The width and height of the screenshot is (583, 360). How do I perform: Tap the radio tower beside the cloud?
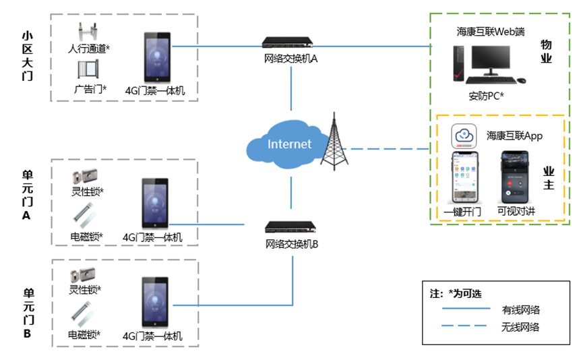334,142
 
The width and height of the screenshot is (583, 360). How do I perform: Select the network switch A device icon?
287,42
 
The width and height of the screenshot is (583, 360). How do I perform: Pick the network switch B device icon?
290,227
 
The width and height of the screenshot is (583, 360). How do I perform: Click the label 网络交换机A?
290,59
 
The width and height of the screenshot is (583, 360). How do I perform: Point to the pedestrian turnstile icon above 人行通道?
88,32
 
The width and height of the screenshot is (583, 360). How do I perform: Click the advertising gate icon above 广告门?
88,69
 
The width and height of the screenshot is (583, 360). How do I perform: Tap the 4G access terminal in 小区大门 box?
157,57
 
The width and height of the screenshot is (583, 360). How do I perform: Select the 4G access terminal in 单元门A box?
155,203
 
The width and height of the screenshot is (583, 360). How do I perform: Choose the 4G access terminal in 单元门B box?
155,302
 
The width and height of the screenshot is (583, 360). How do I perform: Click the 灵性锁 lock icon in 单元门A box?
85,176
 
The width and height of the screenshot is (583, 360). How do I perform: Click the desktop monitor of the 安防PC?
491,61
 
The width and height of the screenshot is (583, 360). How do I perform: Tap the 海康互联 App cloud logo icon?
464,136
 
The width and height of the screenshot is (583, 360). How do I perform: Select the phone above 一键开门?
465,177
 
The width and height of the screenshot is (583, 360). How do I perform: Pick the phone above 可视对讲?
514,177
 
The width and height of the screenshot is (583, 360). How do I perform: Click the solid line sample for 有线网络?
466,308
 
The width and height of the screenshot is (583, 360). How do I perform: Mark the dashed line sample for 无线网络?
464,326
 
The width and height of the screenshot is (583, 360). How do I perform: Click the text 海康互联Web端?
491,32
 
